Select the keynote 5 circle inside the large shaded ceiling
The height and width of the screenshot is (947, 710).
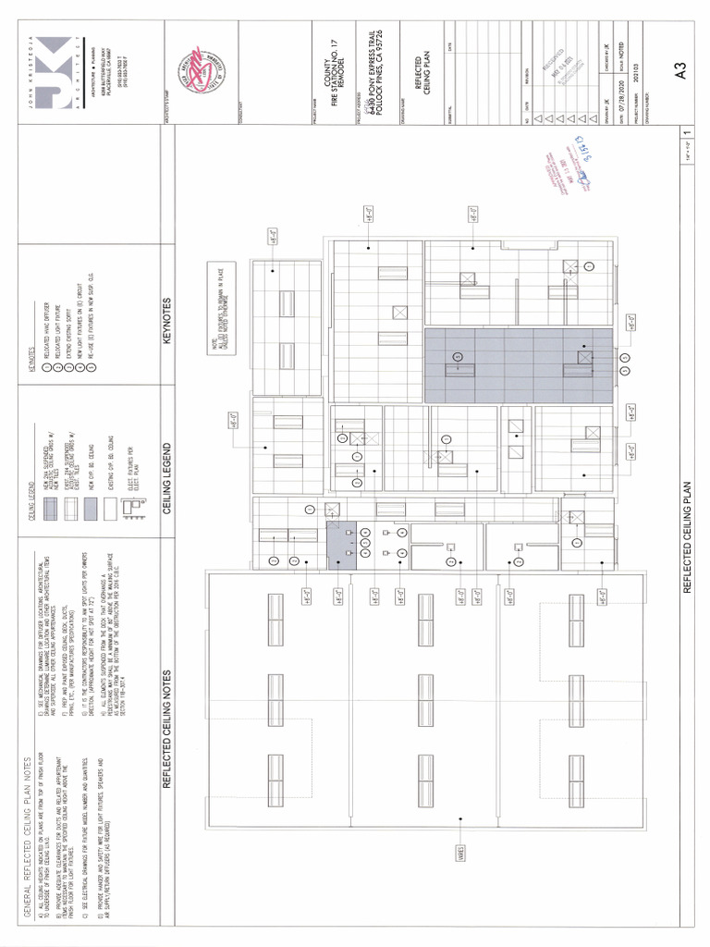[457, 357]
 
